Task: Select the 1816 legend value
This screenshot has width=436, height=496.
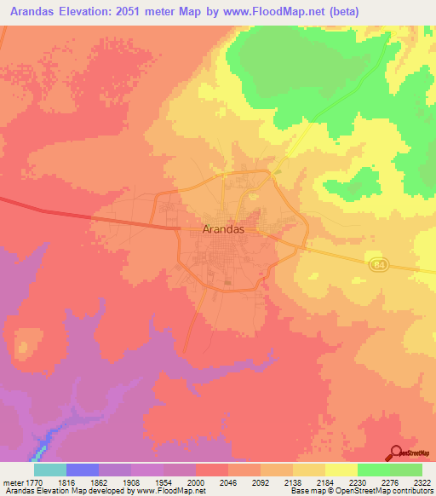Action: tap(67, 481)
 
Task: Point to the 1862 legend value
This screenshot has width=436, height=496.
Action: tap(100, 481)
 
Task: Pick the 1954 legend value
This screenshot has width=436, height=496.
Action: tap(164, 481)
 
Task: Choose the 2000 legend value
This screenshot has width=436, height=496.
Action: tap(197, 481)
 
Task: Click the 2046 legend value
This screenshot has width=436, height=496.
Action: tap(229, 481)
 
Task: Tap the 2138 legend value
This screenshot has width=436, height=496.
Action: tap(294, 481)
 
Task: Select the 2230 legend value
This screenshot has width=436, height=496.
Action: tap(358, 481)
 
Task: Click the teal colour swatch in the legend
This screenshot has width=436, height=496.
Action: tap(50, 470)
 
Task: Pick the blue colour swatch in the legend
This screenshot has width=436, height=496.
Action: tap(83, 470)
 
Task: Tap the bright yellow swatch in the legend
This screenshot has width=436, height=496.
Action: tap(341, 470)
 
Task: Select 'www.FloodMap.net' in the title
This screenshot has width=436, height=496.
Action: tap(274, 11)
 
